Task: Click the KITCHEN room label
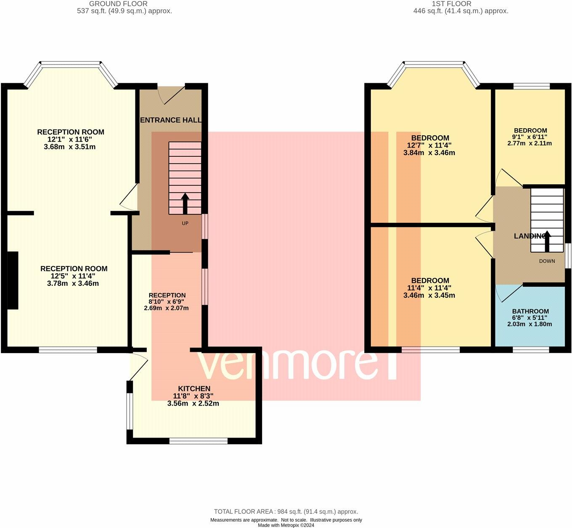point(194,388)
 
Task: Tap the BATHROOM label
point(530,311)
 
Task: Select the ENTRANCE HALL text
point(170,120)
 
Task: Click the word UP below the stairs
point(185,223)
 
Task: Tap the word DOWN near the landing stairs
point(547,261)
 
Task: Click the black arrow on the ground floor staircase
point(185,203)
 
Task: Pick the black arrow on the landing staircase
point(547,241)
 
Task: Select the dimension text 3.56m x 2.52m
point(193,403)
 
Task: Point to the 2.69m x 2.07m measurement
point(166,308)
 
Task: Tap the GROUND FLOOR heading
point(118,4)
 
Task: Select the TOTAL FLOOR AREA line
point(286,512)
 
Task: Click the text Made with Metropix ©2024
point(286,525)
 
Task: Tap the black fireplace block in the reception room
point(13,280)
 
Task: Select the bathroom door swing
point(508,293)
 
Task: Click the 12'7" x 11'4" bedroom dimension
point(429,145)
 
